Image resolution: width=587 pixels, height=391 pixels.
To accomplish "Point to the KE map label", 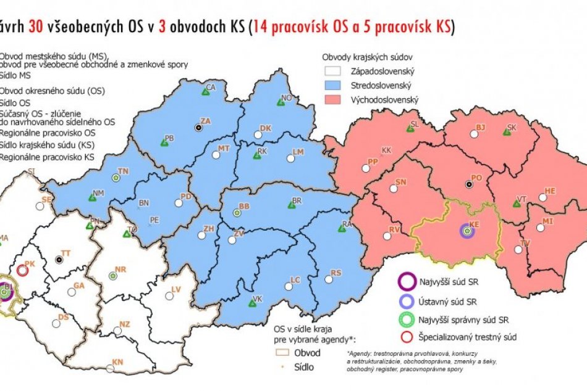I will tap(475, 225).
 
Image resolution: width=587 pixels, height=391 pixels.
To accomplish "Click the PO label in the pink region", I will tap(476, 178).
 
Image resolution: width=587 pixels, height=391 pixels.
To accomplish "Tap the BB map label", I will tap(244, 206).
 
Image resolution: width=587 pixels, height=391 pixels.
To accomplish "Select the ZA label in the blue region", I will tap(205, 121).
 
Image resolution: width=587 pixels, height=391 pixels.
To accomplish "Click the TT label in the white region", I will tap(65, 253).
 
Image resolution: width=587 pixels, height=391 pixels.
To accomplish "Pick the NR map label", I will tap(120, 270).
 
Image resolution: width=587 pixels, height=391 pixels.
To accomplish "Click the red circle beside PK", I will tap(23, 270).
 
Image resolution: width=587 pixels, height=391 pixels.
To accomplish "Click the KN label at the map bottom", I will tap(117, 362).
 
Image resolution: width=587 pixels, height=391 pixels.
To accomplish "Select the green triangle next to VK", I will tap(251, 303).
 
